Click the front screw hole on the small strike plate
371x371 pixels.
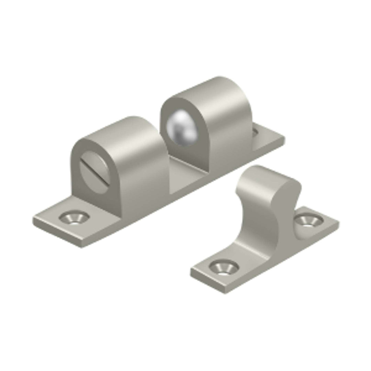224,267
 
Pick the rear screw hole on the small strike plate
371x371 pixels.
308,220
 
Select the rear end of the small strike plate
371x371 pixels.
335,220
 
